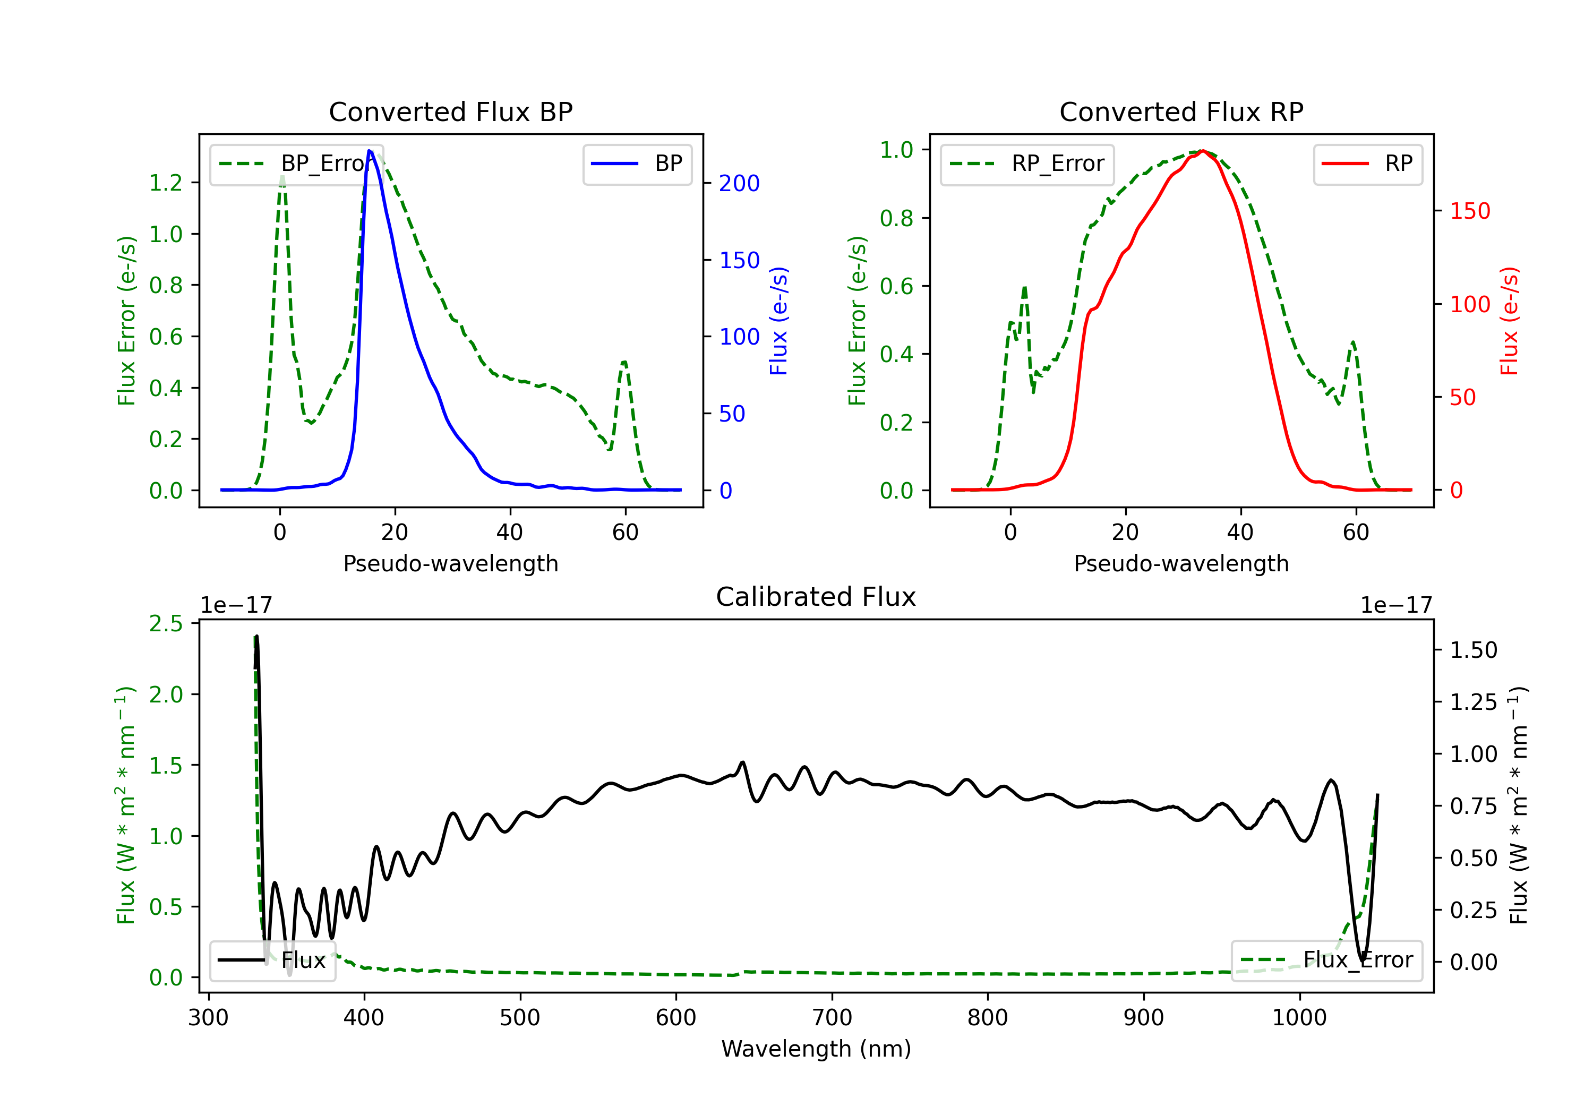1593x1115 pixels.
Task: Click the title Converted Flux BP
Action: click(x=450, y=111)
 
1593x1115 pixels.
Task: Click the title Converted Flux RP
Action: click(x=1181, y=111)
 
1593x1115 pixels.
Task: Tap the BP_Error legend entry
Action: click(x=297, y=164)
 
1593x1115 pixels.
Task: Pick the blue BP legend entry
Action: click(x=637, y=164)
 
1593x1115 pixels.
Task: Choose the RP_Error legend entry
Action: click(x=1027, y=164)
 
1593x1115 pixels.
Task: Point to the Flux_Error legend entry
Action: click(x=1326, y=960)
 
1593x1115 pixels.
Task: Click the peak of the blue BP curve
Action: click(x=370, y=151)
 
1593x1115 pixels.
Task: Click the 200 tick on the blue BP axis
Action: click(x=739, y=183)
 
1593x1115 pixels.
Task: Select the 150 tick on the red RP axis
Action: click(x=1469, y=211)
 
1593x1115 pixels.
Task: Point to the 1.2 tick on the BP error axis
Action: click(x=166, y=183)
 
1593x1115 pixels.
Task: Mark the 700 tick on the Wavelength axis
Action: click(x=832, y=1018)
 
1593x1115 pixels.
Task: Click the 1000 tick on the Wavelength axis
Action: click(x=1299, y=1018)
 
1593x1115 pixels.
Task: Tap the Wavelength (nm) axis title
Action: click(x=816, y=1049)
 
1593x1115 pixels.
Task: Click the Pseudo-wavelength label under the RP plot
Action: click(x=1181, y=563)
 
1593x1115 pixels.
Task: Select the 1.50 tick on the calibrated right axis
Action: click(x=1474, y=650)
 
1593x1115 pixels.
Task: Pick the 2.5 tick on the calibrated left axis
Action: click(x=166, y=624)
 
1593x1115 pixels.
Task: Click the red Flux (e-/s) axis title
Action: click(x=1510, y=321)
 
